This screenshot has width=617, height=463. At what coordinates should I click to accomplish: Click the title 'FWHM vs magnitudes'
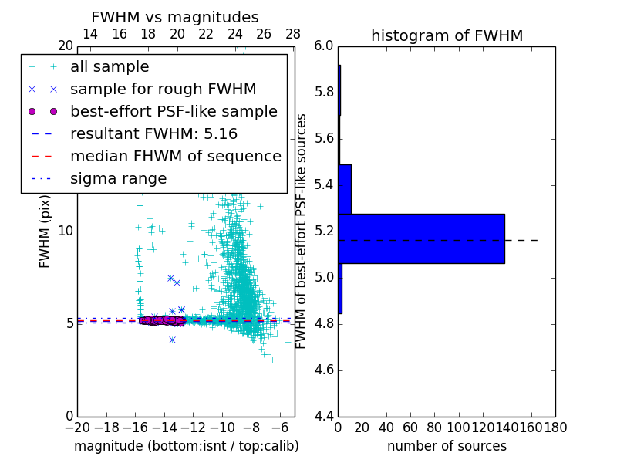pyautogui.click(x=175, y=17)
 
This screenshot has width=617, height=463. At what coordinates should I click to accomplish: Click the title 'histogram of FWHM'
pyautogui.click(x=447, y=35)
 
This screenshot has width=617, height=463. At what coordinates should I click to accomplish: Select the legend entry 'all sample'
pyautogui.click(x=110, y=67)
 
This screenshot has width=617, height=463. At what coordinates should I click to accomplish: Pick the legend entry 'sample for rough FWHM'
pyautogui.click(x=163, y=89)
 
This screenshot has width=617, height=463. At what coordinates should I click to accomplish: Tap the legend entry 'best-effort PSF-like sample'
pyautogui.click(x=174, y=111)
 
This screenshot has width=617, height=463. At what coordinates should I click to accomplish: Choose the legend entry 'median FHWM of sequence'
pyautogui.click(x=175, y=156)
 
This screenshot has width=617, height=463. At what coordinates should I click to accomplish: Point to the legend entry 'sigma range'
pyautogui.click(x=118, y=179)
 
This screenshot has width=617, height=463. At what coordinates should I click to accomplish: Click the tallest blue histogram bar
pyautogui.click(x=421, y=238)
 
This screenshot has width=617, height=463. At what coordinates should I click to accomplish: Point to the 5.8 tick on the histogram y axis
pyautogui.click(x=324, y=92)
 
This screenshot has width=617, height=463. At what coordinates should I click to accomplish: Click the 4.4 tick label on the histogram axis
pyautogui.click(x=324, y=416)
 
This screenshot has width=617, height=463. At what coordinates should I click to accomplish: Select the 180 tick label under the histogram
pyautogui.click(x=555, y=427)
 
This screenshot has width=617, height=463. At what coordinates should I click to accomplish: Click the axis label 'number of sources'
pyautogui.click(x=447, y=446)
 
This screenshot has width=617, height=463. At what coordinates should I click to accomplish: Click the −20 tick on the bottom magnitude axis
pyautogui.click(x=77, y=427)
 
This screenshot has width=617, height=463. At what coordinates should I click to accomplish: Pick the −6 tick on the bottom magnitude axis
pyautogui.click(x=280, y=427)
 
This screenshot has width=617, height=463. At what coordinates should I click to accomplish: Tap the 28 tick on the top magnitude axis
pyautogui.click(x=293, y=34)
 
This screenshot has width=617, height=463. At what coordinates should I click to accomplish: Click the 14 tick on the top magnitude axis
pyautogui.click(x=89, y=34)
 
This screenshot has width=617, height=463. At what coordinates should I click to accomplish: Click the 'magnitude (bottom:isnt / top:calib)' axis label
pyautogui.click(x=186, y=446)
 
